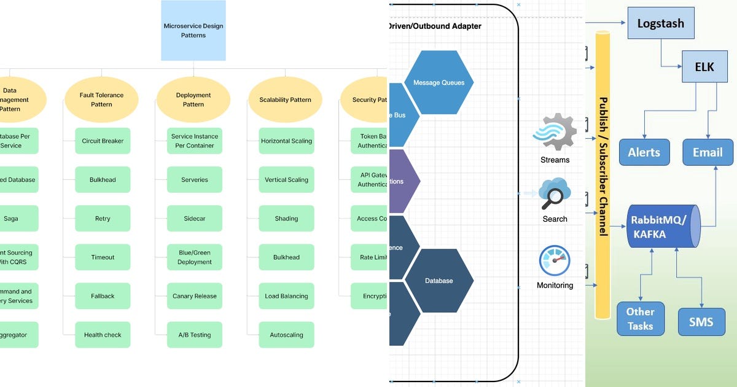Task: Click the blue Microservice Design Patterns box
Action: tap(193, 31)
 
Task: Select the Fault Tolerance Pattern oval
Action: tap(101, 100)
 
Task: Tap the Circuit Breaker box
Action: tap(103, 141)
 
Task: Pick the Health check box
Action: tap(103, 335)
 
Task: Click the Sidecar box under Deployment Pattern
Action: tap(194, 219)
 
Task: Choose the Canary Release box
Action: tap(194, 296)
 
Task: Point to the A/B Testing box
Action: tap(194, 335)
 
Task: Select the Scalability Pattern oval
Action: tap(285, 100)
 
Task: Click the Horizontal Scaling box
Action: tap(286, 141)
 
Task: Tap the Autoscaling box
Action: tap(286, 335)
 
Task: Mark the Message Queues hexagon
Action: tap(439, 82)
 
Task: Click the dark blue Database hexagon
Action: tap(439, 281)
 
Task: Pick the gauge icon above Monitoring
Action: tap(555, 260)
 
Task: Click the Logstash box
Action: tap(661, 25)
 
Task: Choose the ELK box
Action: tap(704, 67)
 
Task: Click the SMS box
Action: tap(701, 321)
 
